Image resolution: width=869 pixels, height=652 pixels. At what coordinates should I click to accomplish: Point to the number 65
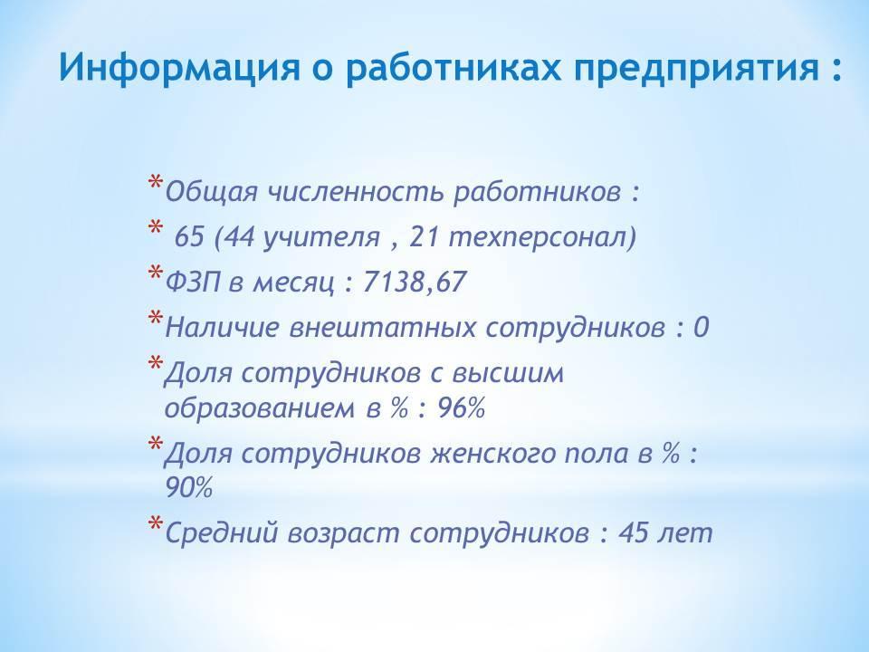click(x=189, y=236)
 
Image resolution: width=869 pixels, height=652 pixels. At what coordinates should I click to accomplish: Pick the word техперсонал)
click(x=542, y=238)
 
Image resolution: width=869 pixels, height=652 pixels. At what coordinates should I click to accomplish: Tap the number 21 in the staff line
click(x=425, y=236)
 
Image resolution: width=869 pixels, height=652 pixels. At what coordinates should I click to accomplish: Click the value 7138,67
click(x=415, y=283)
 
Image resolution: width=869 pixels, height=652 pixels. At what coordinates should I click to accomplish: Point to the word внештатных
click(x=382, y=327)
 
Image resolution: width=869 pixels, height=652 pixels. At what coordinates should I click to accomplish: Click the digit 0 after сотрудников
click(x=701, y=327)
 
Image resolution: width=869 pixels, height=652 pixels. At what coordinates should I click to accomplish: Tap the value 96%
click(x=462, y=408)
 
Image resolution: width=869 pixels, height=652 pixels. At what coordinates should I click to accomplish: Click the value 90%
click(x=189, y=488)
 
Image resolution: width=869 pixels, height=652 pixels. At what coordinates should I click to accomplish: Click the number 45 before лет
click(x=634, y=532)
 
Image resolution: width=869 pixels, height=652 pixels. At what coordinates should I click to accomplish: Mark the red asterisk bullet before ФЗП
click(x=155, y=273)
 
